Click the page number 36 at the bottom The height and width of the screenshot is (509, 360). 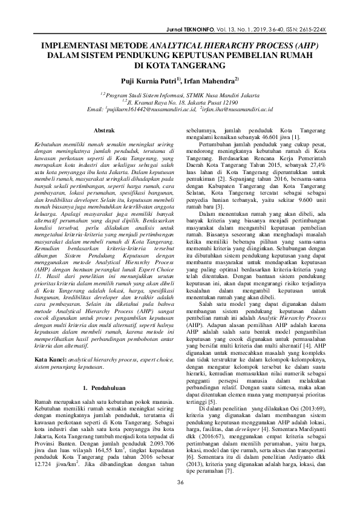pos(180,481)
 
